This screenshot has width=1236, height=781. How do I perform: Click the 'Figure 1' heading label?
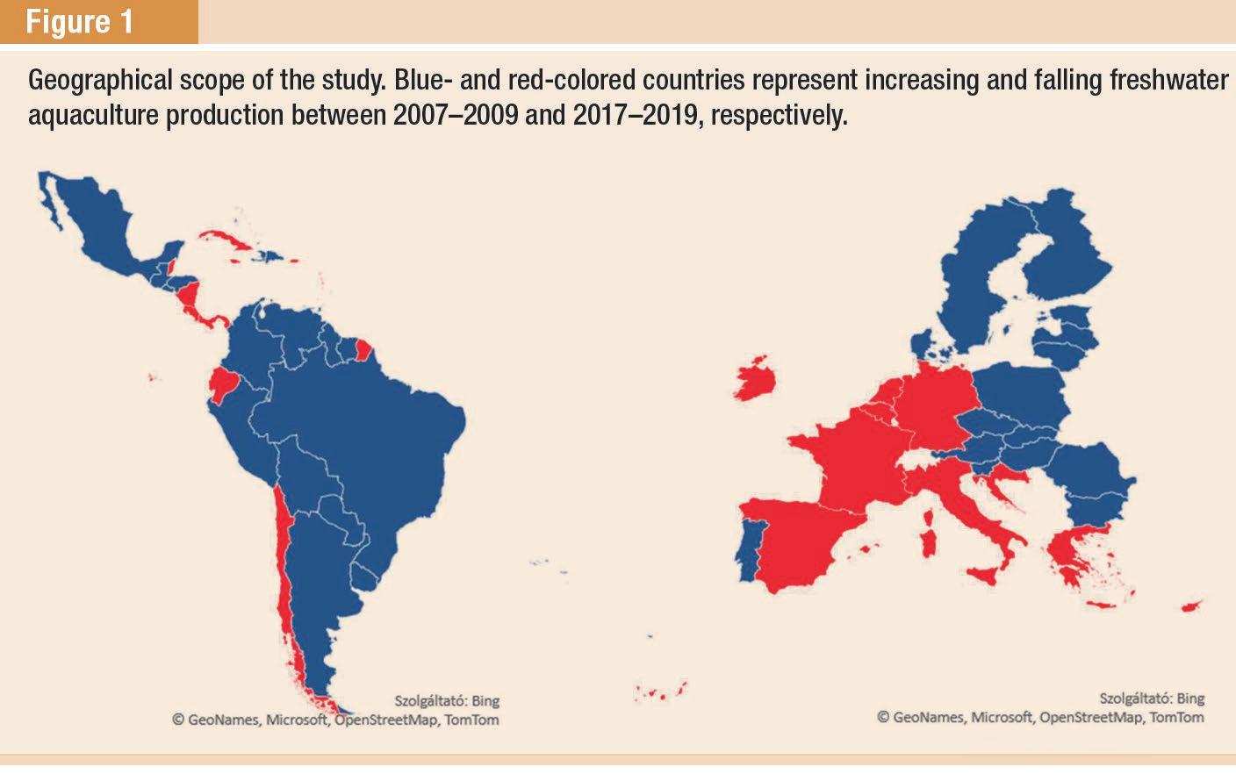80,22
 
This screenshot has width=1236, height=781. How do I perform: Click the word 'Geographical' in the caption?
100,81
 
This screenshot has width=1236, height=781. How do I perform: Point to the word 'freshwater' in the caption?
1168,80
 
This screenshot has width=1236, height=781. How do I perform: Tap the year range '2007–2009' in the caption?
456,115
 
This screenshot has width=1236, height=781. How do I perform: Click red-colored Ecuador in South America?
224,383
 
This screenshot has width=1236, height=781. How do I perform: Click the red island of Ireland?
755,379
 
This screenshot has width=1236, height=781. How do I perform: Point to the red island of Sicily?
983,576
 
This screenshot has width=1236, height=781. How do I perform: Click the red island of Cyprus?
1191,606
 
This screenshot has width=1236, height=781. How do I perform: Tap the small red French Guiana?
363,349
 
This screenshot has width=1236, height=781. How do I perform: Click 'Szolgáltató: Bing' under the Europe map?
1152,699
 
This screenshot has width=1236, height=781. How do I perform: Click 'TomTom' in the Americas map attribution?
471,720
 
